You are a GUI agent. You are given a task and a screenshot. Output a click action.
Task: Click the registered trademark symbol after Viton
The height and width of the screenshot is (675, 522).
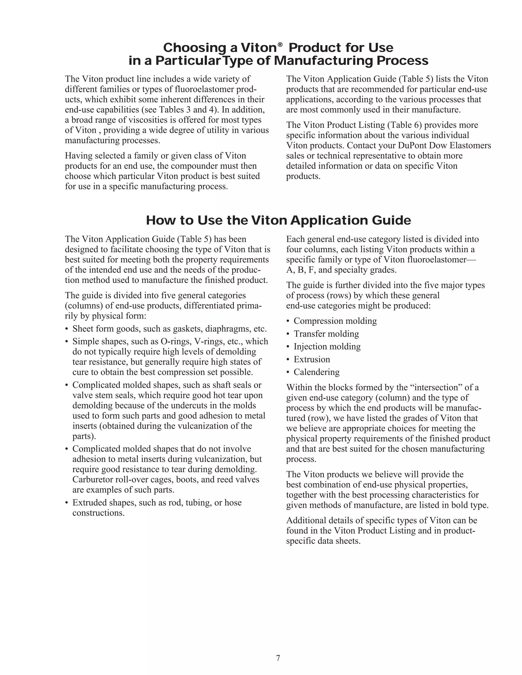(x=280, y=45)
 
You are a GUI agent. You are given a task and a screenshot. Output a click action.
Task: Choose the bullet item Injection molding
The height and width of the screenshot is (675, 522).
(x=327, y=346)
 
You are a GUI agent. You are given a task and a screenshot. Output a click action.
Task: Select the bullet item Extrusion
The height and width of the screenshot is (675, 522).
(x=312, y=359)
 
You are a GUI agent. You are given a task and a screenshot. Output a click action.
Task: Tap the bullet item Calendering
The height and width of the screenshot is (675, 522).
(x=316, y=372)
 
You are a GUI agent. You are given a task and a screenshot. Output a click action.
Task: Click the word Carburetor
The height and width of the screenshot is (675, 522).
(x=93, y=480)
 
